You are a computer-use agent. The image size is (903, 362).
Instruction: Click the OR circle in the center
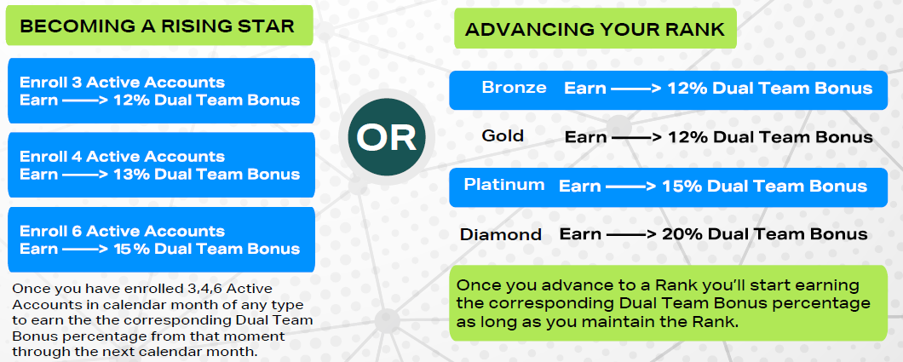pyautogui.click(x=387, y=138)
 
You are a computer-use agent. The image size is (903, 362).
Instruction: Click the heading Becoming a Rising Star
pyautogui.click(x=158, y=26)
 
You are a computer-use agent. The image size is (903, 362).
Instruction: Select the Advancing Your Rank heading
pyautogui.click(x=595, y=29)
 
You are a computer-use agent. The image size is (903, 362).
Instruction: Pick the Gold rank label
pyautogui.click(x=503, y=135)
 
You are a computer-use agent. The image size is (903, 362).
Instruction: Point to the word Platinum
pyautogui.click(x=504, y=185)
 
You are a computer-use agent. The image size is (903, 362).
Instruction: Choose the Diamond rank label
pyautogui.click(x=501, y=235)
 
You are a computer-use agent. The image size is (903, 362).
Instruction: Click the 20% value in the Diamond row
pyautogui.click(x=682, y=234)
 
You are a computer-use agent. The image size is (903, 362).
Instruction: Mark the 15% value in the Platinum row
pyautogui.click(x=682, y=186)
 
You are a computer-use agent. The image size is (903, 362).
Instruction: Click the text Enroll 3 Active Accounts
pyautogui.click(x=122, y=83)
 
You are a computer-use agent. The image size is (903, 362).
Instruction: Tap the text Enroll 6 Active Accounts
pyautogui.click(x=122, y=232)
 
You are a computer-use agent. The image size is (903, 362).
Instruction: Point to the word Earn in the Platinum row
pyautogui.click(x=580, y=186)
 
